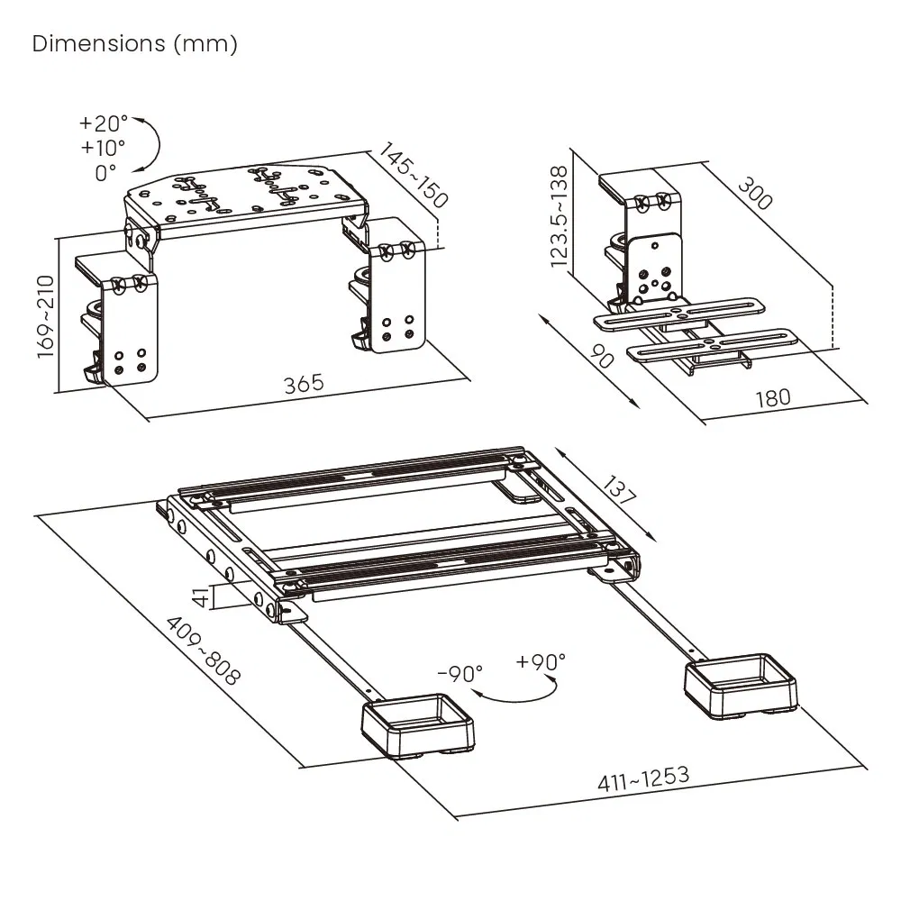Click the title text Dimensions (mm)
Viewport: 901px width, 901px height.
135,44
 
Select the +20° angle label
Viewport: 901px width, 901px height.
104,123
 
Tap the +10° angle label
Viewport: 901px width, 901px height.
104,147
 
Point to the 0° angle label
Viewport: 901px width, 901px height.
105,171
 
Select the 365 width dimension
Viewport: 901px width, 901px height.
304,383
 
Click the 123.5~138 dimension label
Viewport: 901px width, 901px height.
560,216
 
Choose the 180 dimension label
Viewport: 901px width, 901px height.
772,397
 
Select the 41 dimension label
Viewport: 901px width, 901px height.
204,596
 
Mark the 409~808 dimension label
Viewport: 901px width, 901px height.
203,651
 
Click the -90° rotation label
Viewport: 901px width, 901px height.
460,673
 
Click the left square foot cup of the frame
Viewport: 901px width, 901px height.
418,726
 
